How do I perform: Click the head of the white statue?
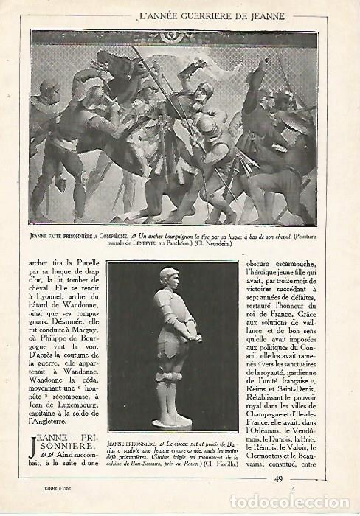(169, 276)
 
